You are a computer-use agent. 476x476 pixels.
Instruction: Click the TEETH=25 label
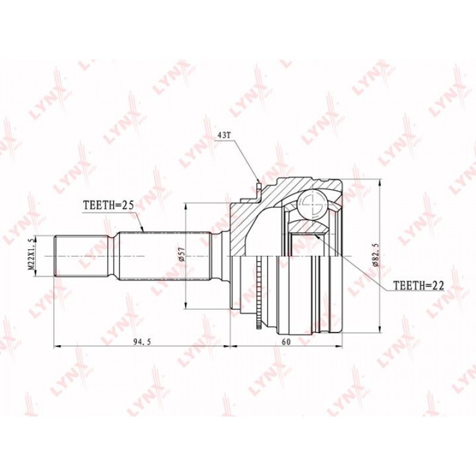click(x=108, y=206)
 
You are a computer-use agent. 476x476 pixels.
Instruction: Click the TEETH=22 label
click(x=419, y=286)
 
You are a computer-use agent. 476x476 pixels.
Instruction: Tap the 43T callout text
click(x=224, y=136)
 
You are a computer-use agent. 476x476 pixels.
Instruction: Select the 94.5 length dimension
click(x=142, y=342)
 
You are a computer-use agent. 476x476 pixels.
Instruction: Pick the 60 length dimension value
click(x=286, y=342)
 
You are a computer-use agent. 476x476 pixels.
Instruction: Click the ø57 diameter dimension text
click(x=181, y=254)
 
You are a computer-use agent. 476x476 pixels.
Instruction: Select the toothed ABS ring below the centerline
click(x=259, y=292)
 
